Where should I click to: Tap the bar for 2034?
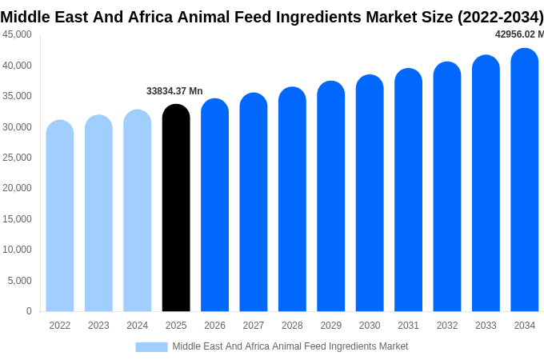point(525,180)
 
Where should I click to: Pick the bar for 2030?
point(370,194)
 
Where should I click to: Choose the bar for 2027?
point(254,202)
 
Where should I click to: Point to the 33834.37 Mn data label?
point(174,91)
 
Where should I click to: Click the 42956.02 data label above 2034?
point(518,34)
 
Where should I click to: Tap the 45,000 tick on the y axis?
point(17,34)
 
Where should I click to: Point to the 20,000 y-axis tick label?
point(17,188)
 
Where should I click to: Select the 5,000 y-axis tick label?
point(19,281)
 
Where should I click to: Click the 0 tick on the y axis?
point(29,311)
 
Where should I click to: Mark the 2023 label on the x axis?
point(98,326)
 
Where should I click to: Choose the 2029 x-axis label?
point(331,326)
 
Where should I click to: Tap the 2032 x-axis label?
point(447,326)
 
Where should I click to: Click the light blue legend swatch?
point(151,347)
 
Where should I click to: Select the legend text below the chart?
point(290,346)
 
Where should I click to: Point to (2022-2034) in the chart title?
point(500,17)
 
